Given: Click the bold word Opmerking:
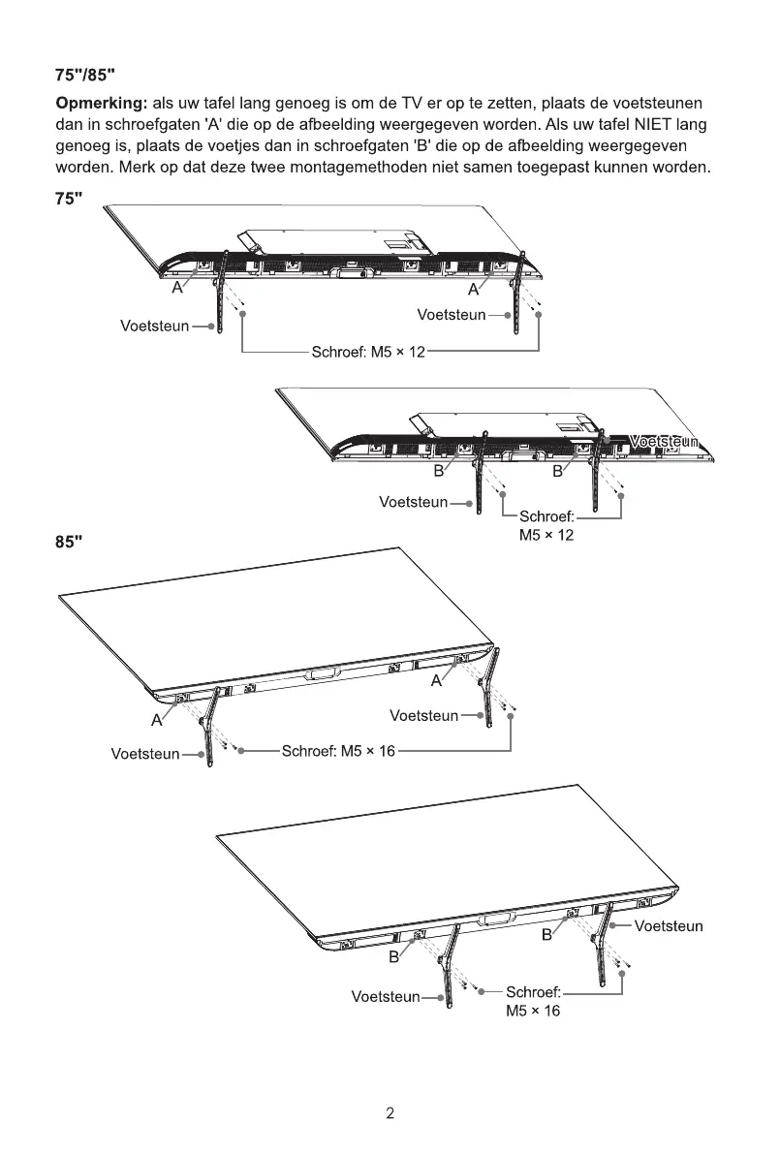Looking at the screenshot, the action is [100, 104].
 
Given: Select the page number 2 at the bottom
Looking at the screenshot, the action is [390, 1114].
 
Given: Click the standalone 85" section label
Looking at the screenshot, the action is [69, 540].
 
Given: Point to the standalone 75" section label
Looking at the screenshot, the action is [68, 198].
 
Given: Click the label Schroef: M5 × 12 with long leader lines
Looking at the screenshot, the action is [368, 352].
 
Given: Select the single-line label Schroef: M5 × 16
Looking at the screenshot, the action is [338, 751].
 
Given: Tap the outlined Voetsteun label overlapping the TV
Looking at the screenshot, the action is [664, 442].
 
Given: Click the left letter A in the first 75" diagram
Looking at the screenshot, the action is [178, 289].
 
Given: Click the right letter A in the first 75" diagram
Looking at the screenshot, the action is [474, 289].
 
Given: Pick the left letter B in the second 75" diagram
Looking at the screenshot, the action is [438, 472].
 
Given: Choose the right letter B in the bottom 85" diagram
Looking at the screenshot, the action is [546, 935].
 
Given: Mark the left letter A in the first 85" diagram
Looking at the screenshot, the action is [156, 721].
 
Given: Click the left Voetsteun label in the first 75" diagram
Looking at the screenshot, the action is [154, 326].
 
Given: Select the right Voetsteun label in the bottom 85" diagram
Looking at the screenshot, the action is [669, 926].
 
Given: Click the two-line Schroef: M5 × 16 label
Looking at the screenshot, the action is [533, 1002].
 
